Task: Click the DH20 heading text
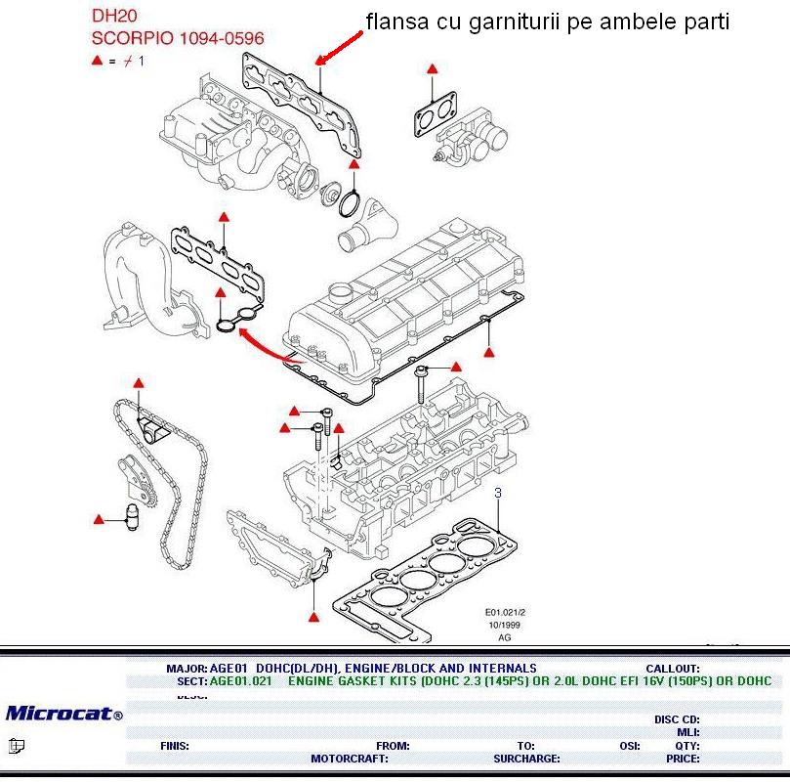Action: pos(114,17)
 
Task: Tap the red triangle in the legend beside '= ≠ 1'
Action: pos(97,61)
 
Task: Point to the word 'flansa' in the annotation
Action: pos(392,22)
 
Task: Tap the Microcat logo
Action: pos(63,714)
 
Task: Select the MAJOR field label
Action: pos(187,669)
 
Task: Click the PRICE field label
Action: pos(683,758)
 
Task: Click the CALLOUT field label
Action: pos(673,669)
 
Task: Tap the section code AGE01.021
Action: pos(241,681)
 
